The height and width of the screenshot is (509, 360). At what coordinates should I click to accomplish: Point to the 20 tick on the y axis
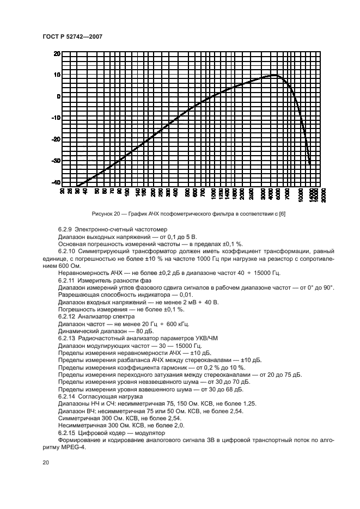(56, 54)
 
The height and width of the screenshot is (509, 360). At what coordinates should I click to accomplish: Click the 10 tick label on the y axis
(56, 75)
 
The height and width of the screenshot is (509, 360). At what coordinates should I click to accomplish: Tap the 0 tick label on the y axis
(58, 96)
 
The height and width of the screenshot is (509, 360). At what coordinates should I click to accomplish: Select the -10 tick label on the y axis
(56, 118)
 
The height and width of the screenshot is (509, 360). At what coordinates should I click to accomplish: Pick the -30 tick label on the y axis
(56, 161)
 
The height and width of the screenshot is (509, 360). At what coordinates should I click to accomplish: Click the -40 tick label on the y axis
(56, 182)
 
